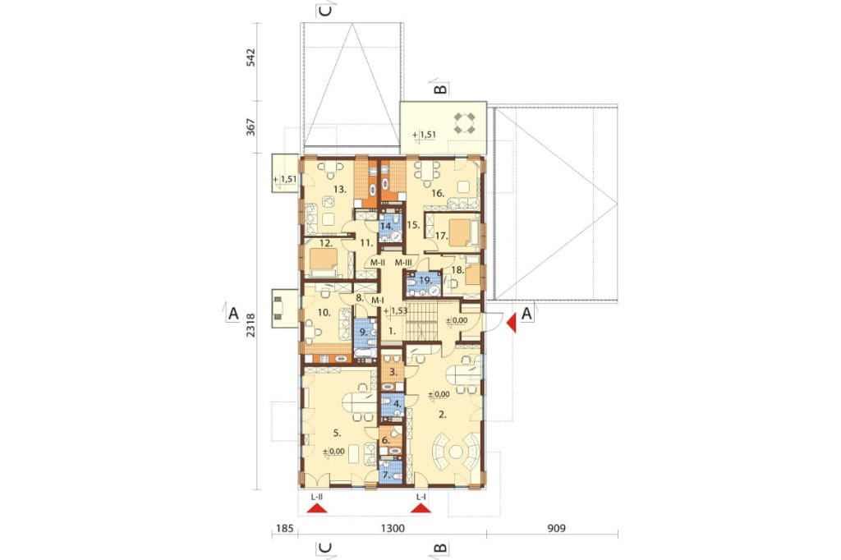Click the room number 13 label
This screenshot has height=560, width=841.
[x=339, y=189]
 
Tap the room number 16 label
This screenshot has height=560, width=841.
[x=438, y=193]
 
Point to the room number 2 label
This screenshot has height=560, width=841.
[x=443, y=414]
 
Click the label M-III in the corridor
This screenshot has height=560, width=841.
[x=403, y=262]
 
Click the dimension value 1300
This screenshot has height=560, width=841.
[x=393, y=528]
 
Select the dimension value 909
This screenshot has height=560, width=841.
[x=556, y=528]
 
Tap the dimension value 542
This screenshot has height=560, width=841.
[x=250, y=57]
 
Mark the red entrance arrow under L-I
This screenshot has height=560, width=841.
[x=421, y=509]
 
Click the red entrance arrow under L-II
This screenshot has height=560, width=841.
[x=316, y=509]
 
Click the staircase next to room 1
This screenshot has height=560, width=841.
[x=421, y=319]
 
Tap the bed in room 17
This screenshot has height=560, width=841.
[x=460, y=233]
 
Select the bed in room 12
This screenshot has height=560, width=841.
[x=321, y=262]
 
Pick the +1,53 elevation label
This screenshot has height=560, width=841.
[x=396, y=310]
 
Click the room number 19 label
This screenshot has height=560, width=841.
[x=425, y=280]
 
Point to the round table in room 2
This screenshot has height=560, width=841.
[x=457, y=451]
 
